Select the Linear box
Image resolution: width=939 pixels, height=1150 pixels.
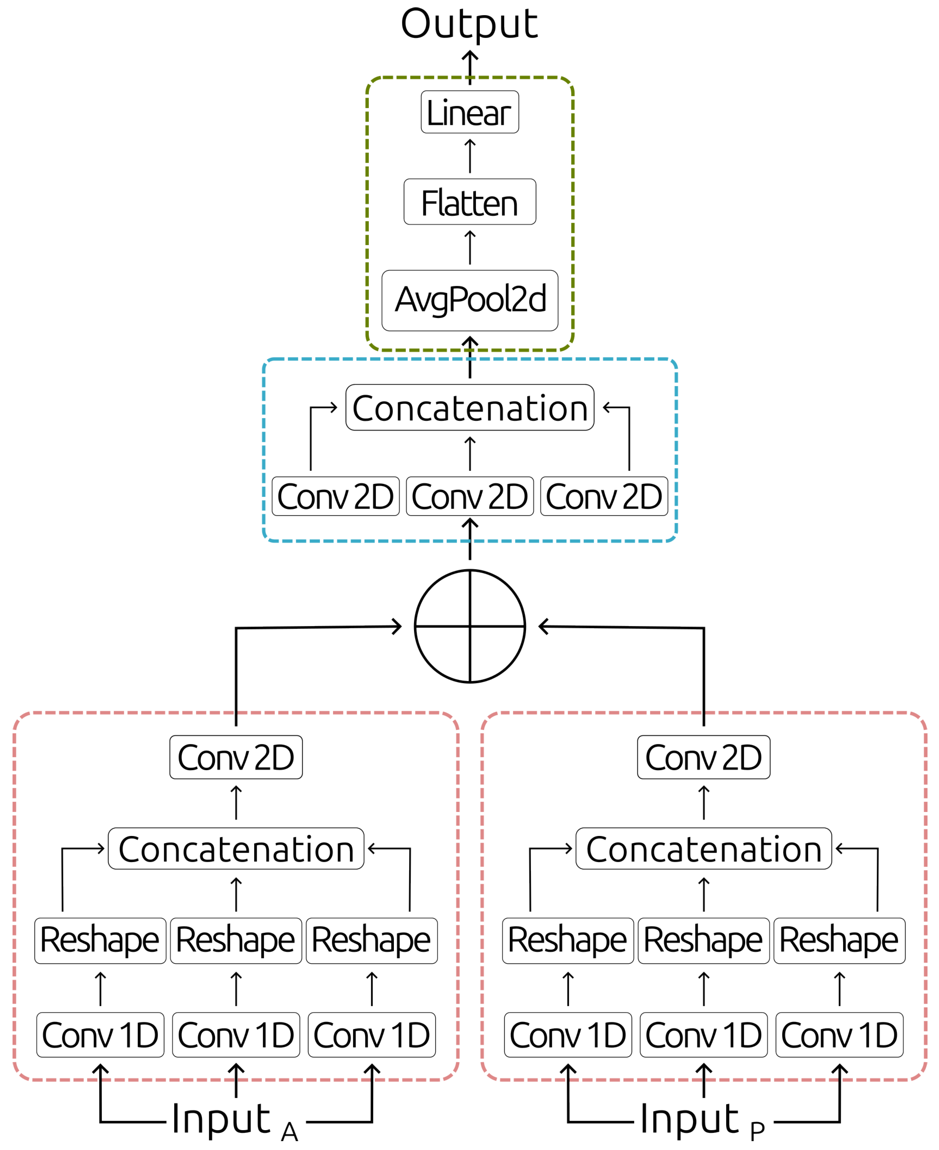click(470, 112)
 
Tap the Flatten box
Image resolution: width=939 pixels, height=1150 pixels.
click(470, 202)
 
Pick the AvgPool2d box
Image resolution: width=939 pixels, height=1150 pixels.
click(470, 300)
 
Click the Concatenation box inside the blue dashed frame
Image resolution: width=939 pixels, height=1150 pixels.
click(470, 407)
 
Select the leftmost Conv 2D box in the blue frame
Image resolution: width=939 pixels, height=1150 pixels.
click(335, 496)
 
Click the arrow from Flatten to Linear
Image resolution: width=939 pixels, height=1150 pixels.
click(470, 156)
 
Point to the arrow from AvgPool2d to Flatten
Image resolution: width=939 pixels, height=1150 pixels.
click(470, 247)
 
